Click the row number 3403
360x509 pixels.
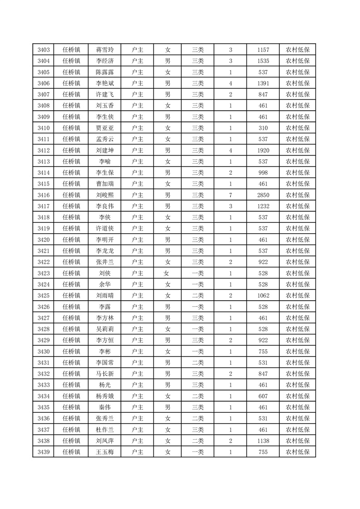[x=44, y=50]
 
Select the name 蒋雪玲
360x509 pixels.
[x=104, y=50]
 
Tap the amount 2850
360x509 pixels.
[x=263, y=195]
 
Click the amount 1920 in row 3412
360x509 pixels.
[x=263, y=151]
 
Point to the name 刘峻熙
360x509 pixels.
[x=104, y=195]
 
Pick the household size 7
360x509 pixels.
[x=231, y=195]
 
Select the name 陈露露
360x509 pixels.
[x=104, y=72]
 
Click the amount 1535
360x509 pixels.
[x=263, y=61]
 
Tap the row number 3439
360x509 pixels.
[x=44, y=452]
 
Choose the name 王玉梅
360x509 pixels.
[x=104, y=452]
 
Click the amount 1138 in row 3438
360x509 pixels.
[x=263, y=440]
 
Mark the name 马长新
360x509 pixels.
[x=104, y=374]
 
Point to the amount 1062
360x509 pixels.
[x=263, y=295]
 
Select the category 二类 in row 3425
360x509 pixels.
[x=198, y=295]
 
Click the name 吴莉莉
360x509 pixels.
[x=104, y=329]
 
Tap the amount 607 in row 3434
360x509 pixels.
[x=263, y=396]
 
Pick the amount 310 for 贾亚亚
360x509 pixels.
[x=263, y=128]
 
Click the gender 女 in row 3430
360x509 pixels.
[x=168, y=352]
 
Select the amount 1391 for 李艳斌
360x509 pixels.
[x=263, y=83]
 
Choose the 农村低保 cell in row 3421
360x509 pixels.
[x=297, y=251]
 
